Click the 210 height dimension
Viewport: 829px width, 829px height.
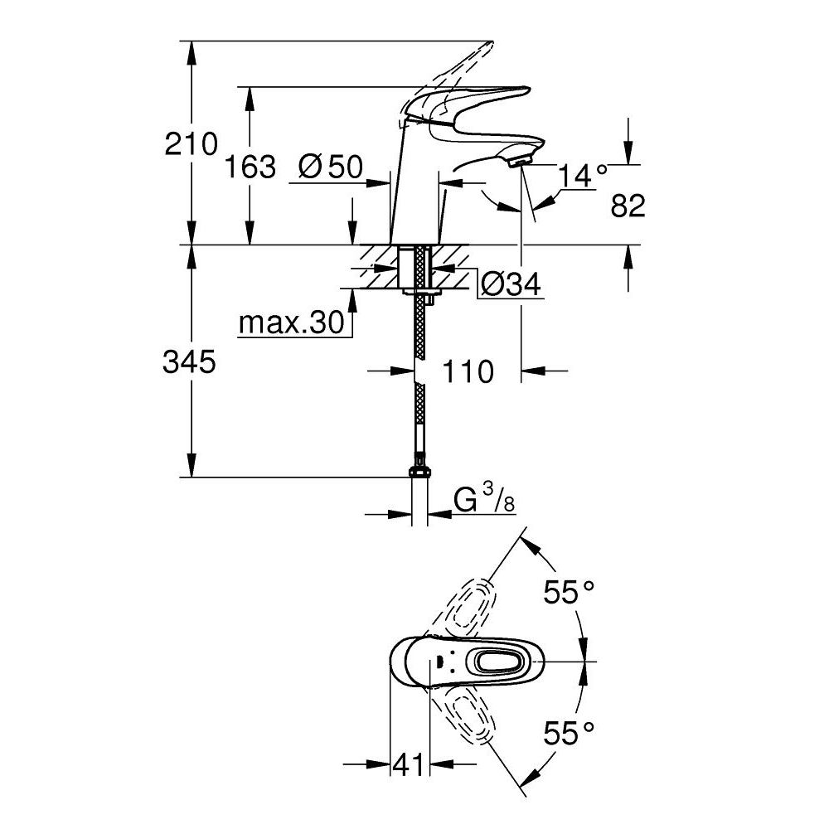pyautogui.click(x=191, y=144)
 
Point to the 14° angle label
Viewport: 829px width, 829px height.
pyautogui.click(x=582, y=175)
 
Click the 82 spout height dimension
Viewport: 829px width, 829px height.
pyautogui.click(x=628, y=205)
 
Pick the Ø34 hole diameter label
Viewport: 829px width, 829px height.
pyautogui.click(x=509, y=285)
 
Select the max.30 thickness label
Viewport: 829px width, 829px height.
pyautogui.click(x=291, y=323)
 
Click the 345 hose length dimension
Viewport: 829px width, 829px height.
pyautogui.click(x=191, y=361)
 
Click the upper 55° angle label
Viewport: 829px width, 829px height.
pyautogui.click(x=570, y=592)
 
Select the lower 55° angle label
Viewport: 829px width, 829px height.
pyautogui.click(x=570, y=732)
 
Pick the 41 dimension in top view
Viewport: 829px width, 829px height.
pyautogui.click(x=408, y=764)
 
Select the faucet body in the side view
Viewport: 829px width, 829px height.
pyautogui.click(x=419, y=191)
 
